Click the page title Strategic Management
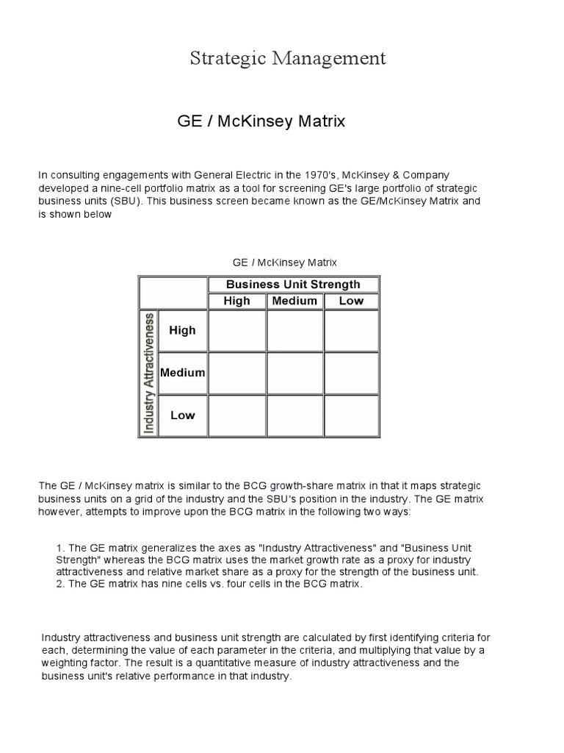(288, 58)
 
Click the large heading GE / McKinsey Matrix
(261, 121)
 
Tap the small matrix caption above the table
(284, 262)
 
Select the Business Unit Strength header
(293, 285)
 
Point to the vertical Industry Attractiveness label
(149, 373)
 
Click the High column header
(236, 301)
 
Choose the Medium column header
(294, 301)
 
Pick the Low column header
(351, 301)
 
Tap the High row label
(182, 330)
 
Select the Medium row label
(183, 373)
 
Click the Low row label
(183, 415)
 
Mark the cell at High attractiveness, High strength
(236, 331)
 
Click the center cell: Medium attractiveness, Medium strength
(294, 373)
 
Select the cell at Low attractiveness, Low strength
(351, 415)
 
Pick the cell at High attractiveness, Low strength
(351, 331)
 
